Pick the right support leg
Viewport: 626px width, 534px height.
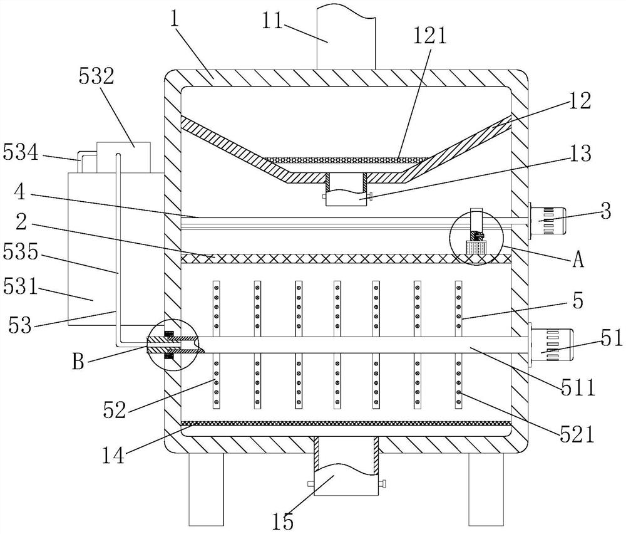click(x=486, y=489)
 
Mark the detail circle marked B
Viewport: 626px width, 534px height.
click(x=171, y=345)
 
